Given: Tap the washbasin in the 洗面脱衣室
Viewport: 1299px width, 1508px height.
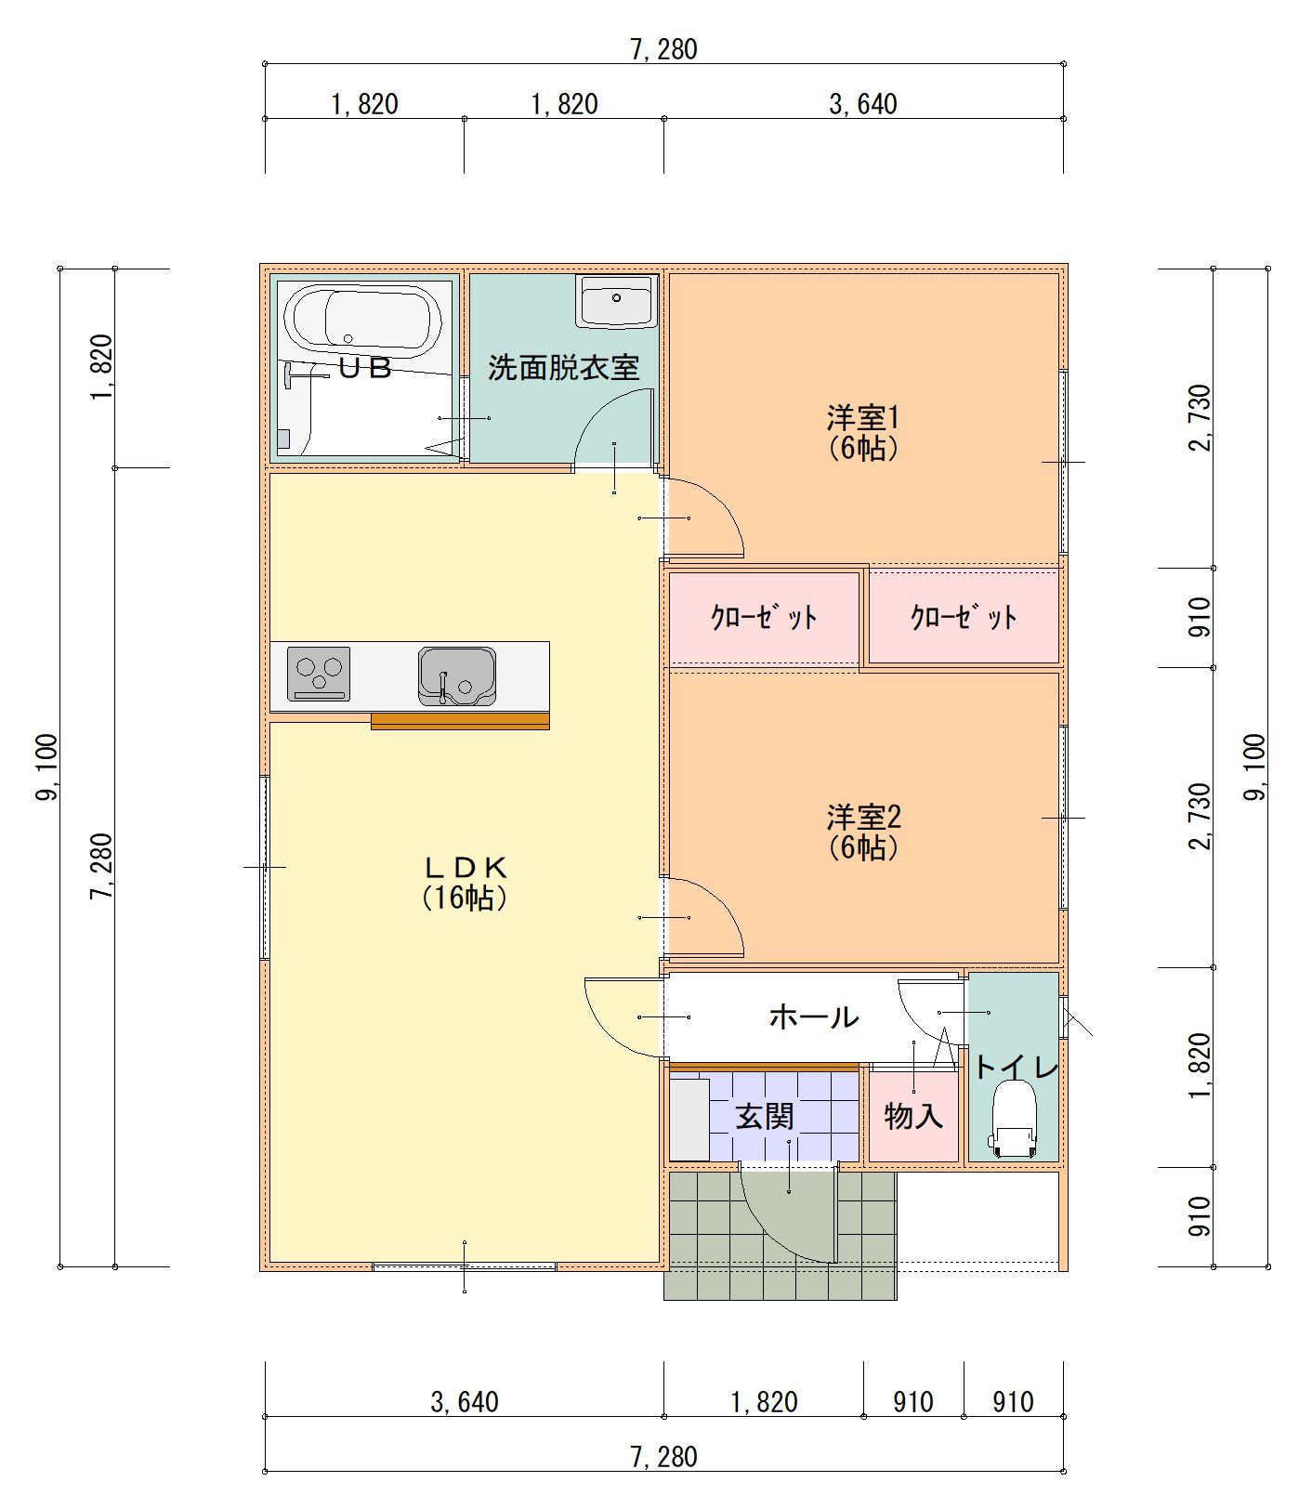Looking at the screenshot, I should click(x=616, y=301).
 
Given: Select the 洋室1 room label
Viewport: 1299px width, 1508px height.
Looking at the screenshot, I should click(x=863, y=432).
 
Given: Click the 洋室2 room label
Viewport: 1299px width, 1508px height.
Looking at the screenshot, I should click(x=863, y=832).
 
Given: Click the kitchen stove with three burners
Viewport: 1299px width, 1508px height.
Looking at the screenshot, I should click(x=319, y=674).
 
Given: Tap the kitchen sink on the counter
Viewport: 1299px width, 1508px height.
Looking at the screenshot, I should click(x=456, y=675).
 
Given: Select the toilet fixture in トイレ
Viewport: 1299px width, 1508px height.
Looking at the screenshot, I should click(x=1014, y=1121).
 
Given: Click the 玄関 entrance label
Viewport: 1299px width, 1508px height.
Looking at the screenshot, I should click(x=764, y=1116).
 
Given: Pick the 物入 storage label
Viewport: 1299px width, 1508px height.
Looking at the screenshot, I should click(x=913, y=1116).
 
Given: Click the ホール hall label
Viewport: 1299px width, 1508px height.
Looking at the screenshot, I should click(x=813, y=1016).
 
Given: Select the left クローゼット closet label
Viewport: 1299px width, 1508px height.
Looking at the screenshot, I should click(x=764, y=617).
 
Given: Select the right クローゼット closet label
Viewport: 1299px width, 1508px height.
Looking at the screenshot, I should click(x=964, y=617).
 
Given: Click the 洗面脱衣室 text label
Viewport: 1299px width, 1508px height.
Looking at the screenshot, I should click(x=564, y=368).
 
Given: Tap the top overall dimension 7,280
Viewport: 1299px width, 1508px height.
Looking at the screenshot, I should click(x=663, y=48).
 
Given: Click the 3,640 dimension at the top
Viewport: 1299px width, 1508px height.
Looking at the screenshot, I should click(x=863, y=103).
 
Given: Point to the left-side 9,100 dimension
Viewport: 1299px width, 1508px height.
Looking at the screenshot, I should click(x=46, y=767).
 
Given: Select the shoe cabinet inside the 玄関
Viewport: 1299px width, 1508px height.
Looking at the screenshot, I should click(x=689, y=1119).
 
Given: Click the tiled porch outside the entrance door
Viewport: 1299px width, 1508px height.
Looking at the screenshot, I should click(x=706, y=1236).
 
